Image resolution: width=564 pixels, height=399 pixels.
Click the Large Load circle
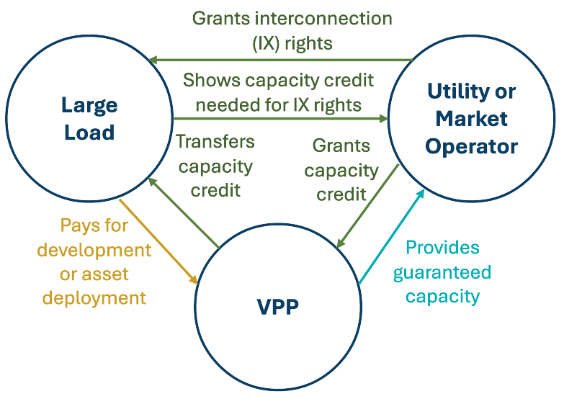point(89,120)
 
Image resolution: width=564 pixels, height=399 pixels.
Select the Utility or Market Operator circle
point(471,120)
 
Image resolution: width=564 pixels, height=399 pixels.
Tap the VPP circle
point(277,307)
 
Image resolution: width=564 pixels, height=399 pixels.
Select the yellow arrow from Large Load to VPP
point(158,241)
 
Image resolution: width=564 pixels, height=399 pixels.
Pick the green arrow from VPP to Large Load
point(183,213)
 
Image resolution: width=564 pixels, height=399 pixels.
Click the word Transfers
point(215,141)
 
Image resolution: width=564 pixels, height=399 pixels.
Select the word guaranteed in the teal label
point(448,272)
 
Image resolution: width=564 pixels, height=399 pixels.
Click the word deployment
point(94,297)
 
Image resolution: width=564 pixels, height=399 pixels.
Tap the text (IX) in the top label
point(267,42)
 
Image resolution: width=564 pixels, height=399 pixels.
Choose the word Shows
point(210,80)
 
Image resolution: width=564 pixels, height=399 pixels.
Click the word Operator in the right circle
point(471,146)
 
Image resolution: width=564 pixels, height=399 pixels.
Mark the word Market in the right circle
point(472,119)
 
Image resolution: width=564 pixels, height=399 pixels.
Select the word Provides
point(442,248)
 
